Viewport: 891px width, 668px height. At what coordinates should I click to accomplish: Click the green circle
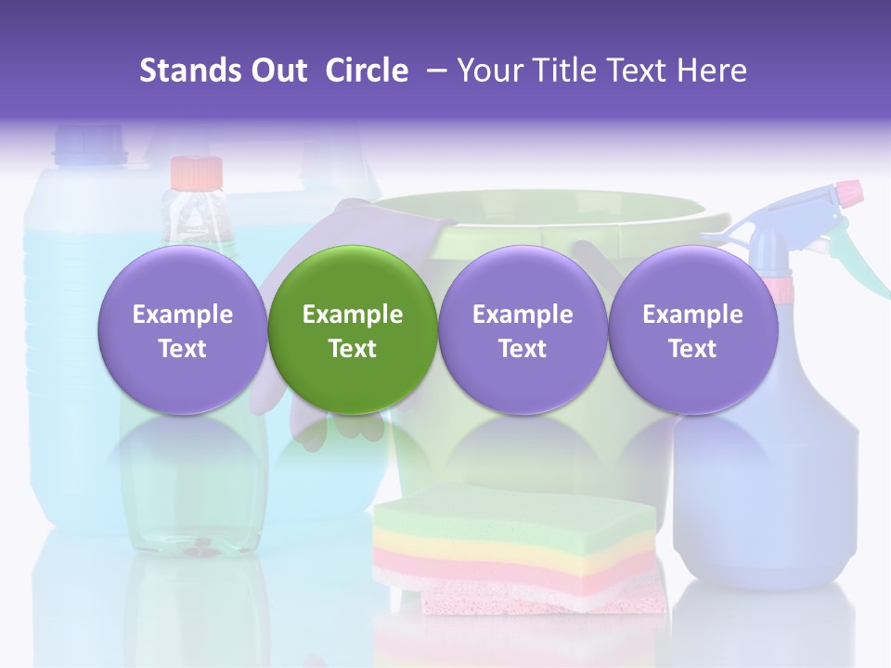353,329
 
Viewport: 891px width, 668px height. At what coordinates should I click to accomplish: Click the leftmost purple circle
183,329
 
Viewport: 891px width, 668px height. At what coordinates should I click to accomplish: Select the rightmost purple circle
692,329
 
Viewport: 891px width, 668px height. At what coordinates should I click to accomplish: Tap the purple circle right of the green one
523,329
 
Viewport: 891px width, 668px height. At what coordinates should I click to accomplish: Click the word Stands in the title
190,71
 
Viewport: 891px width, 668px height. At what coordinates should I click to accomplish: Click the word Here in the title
712,71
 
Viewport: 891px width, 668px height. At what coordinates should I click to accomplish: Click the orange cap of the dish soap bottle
196,173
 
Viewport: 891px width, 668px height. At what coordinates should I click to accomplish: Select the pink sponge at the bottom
543,598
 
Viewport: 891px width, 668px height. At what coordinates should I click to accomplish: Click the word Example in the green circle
353,315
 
